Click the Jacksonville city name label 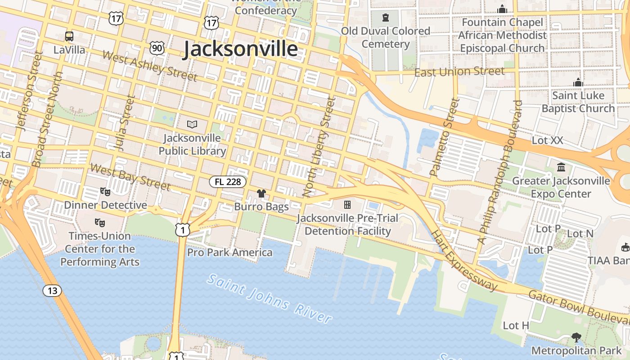tap(240, 49)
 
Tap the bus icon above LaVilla tap(69, 36)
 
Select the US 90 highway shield tap(157, 48)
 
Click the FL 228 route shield tap(228, 182)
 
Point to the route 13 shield tap(52, 291)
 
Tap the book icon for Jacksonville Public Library tap(192, 124)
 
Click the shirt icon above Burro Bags tap(261, 193)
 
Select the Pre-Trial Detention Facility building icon tap(347, 205)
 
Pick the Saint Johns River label tap(270, 298)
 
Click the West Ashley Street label tap(150, 66)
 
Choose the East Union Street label tap(459, 72)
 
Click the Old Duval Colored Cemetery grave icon tap(385, 18)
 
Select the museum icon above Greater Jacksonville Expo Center tap(561, 167)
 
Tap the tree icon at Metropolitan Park tap(576, 337)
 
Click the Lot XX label tap(547, 140)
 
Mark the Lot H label tap(516, 325)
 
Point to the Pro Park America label tap(229, 252)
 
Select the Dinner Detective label tap(105, 205)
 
